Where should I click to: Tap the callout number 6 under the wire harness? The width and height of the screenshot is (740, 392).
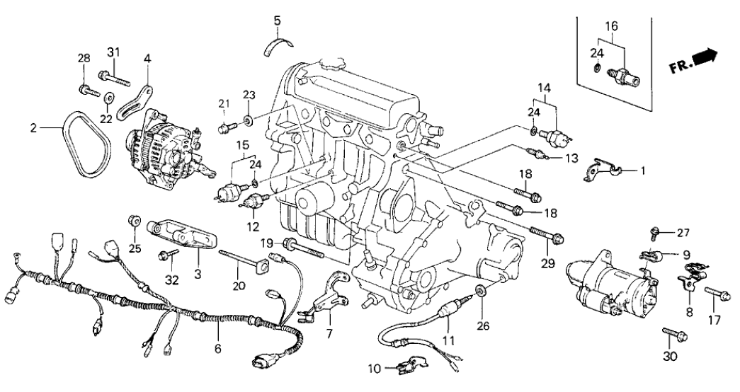coord(217,348)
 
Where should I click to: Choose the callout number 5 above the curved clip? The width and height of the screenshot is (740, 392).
coord(278,19)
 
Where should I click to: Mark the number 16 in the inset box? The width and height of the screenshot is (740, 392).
coord(611,26)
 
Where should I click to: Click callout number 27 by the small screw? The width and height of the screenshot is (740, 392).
coord(682,232)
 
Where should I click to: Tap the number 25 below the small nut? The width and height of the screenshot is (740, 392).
coord(135,248)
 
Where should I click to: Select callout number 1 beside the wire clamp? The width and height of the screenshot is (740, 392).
coord(642,170)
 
